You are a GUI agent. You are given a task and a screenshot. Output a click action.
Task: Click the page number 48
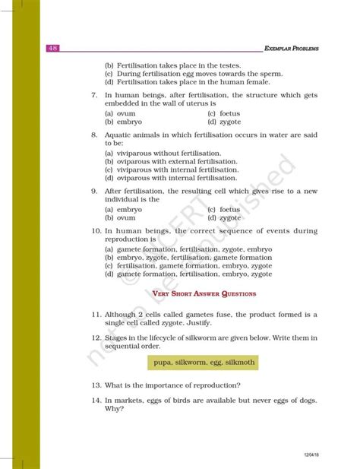(52, 48)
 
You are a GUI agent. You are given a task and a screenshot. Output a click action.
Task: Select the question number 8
(93, 134)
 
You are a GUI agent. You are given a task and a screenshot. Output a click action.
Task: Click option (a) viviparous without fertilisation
(169, 152)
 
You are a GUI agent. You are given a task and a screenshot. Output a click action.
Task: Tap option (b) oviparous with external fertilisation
(171, 161)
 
